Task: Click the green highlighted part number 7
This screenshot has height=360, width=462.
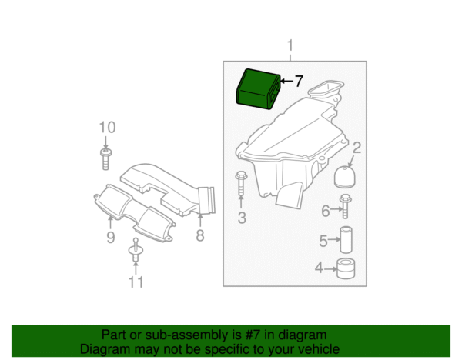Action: (258, 89)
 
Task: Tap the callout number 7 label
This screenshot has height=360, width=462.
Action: (299, 82)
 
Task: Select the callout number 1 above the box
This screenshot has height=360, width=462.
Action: (290, 45)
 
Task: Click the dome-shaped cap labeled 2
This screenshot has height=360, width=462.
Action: (345, 177)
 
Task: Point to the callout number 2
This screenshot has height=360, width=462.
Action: (357, 148)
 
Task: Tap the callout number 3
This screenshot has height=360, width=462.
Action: (242, 218)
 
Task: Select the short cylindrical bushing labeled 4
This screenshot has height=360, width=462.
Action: (346, 268)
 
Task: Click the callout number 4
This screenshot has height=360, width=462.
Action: (319, 268)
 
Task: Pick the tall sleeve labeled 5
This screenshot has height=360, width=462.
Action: (346, 239)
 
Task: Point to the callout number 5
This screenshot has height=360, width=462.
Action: (323, 241)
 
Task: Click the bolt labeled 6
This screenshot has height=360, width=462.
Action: (345, 206)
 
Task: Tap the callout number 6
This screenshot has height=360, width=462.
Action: (326, 211)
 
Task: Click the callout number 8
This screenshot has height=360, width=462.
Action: (200, 235)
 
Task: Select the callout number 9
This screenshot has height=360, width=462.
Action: (110, 237)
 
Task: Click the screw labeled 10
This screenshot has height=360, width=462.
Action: (105, 159)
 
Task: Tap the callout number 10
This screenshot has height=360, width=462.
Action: (107, 128)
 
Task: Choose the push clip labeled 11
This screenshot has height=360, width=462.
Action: (136, 250)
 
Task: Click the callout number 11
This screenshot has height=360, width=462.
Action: (136, 282)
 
